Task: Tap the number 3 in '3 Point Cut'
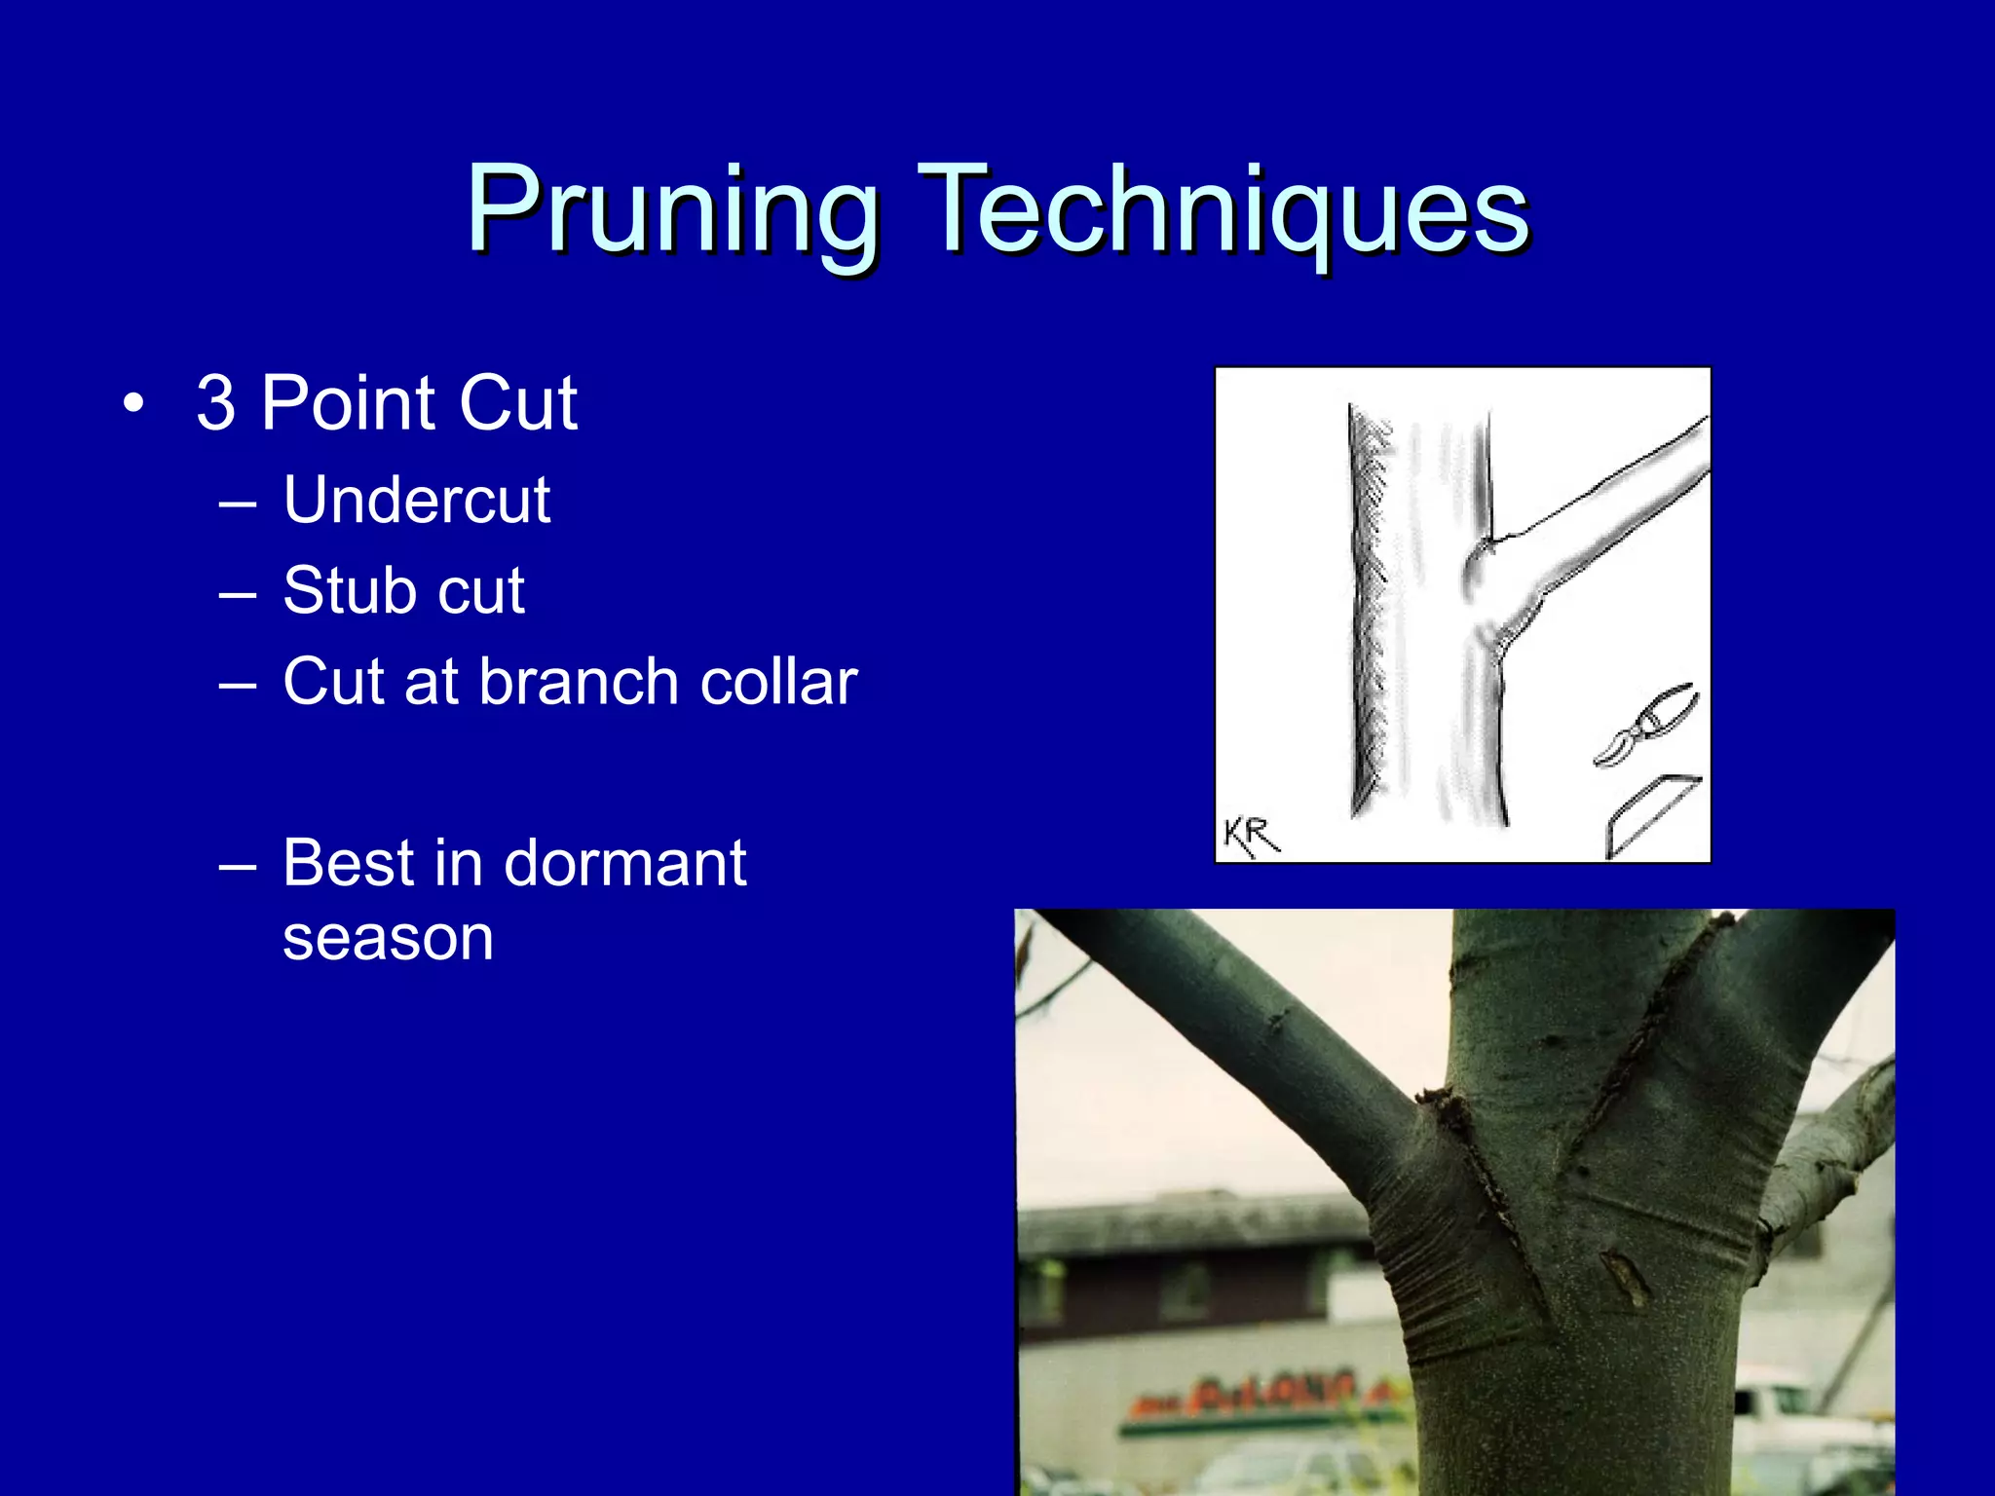click(215, 403)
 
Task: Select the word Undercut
click(417, 501)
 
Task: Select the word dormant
click(624, 863)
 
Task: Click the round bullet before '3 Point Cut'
click(134, 403)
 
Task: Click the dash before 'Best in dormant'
click(238, 865)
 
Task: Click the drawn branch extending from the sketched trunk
click(1607, 516)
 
